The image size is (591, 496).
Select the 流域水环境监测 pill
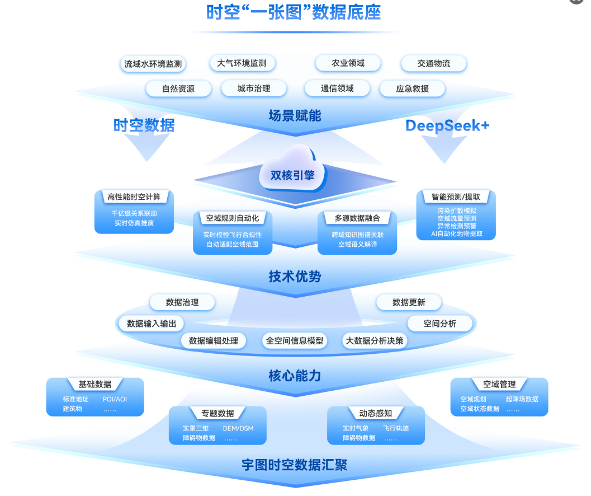(153, 64)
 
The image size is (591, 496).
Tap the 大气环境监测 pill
(242, 63)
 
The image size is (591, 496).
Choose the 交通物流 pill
(433, 63)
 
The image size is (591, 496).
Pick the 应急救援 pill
(412, 88)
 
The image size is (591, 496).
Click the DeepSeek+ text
(447, 125)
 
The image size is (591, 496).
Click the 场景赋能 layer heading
(295, 116)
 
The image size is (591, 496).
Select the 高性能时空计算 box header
(134, 196)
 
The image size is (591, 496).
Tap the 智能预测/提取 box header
(456, 196)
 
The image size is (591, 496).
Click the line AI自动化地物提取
(456, 234)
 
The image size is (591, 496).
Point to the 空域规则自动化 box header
(232, 218)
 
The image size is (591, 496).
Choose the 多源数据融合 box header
(357, 218)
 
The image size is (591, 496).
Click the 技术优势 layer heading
(295, 277)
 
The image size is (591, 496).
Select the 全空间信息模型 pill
(295, 340)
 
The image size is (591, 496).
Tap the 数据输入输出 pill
(152, 324)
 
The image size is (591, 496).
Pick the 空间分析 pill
(439, 324)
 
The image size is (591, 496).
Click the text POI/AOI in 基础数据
(115, 399)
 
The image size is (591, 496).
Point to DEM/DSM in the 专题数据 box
(238, 428)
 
